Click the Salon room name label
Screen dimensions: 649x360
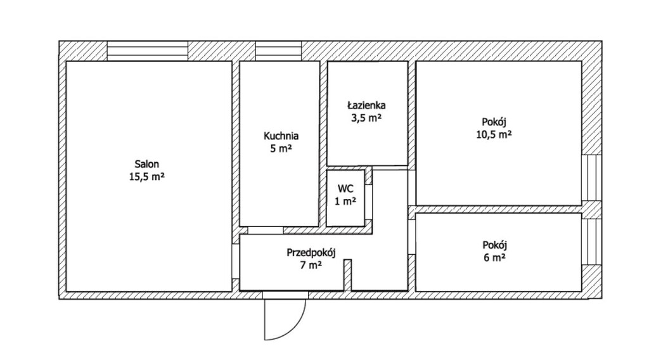tap(146, 164)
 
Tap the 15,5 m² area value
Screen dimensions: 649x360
tap(147, 177)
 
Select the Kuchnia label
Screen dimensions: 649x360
tap(281, 136)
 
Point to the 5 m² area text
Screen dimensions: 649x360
tap(281, 148)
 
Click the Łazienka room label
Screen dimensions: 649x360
tap(366, 105)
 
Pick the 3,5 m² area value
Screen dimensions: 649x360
tap(366, 117)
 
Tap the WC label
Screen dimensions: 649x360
tap(345, 189)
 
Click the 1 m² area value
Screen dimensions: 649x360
tap(345, 202)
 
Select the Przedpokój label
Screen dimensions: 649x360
tap(311, 252)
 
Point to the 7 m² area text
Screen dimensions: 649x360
tap(311, 265)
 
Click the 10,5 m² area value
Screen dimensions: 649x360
tap(494, 134)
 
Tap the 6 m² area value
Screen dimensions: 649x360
tap(494, 257)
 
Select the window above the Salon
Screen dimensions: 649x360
tap(148, 51)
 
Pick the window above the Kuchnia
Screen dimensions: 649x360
tap(278, 51)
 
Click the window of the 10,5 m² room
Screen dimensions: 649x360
tap(591, 178)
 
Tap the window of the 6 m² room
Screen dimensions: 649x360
tap(591, 241)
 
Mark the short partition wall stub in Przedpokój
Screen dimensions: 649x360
tap(348, 275)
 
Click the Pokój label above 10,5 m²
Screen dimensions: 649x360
tap(494, 122)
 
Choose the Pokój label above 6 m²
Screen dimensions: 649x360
tap(494, 245)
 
